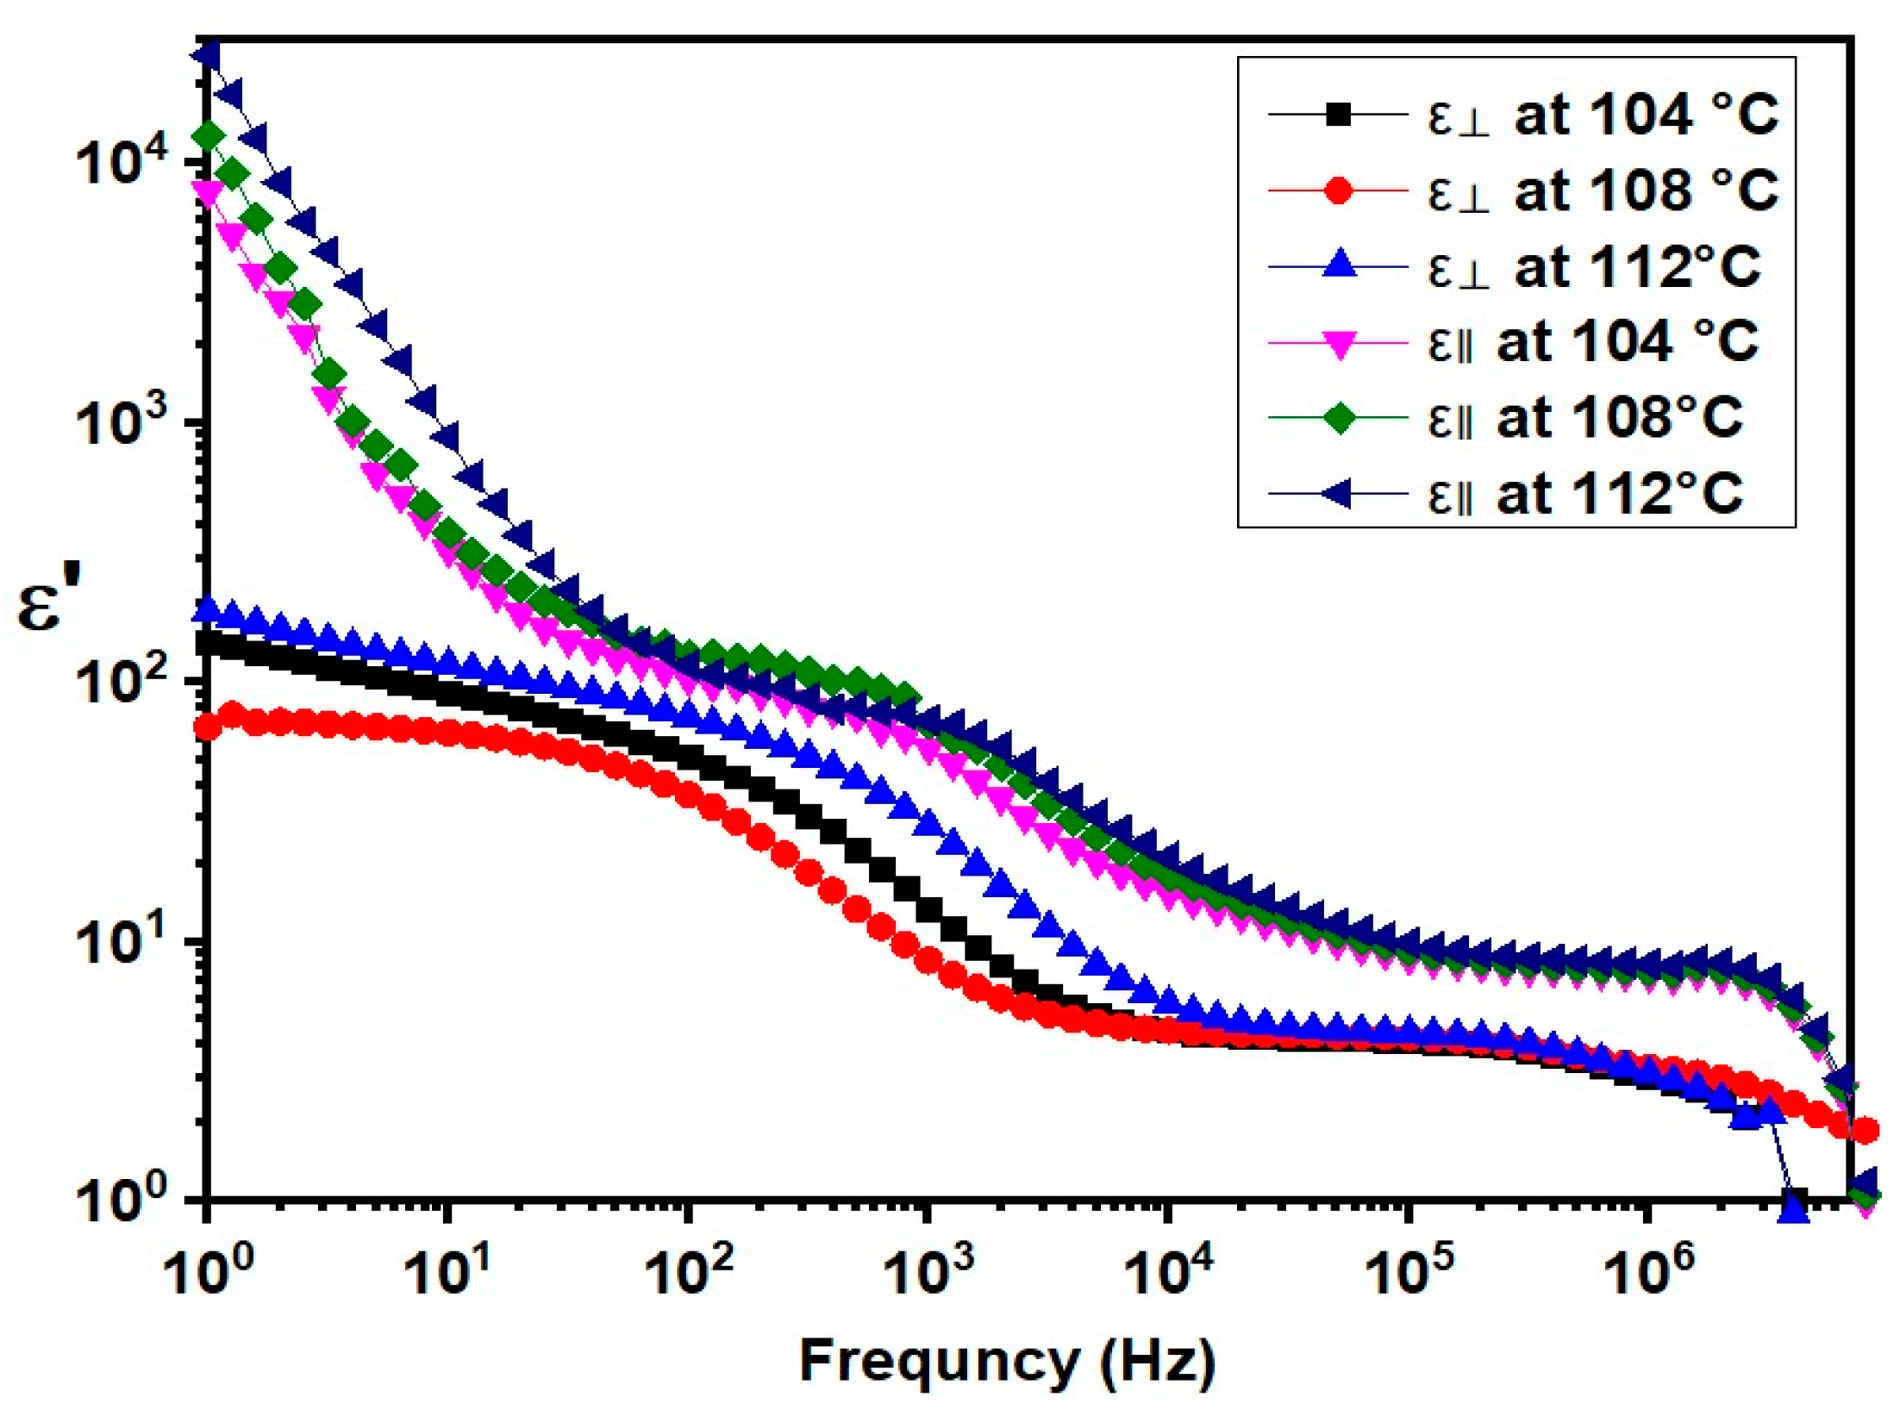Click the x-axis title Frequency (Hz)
pos(1007,1362)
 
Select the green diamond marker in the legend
pos(1339,418)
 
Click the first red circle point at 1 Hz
pos(207,729)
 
